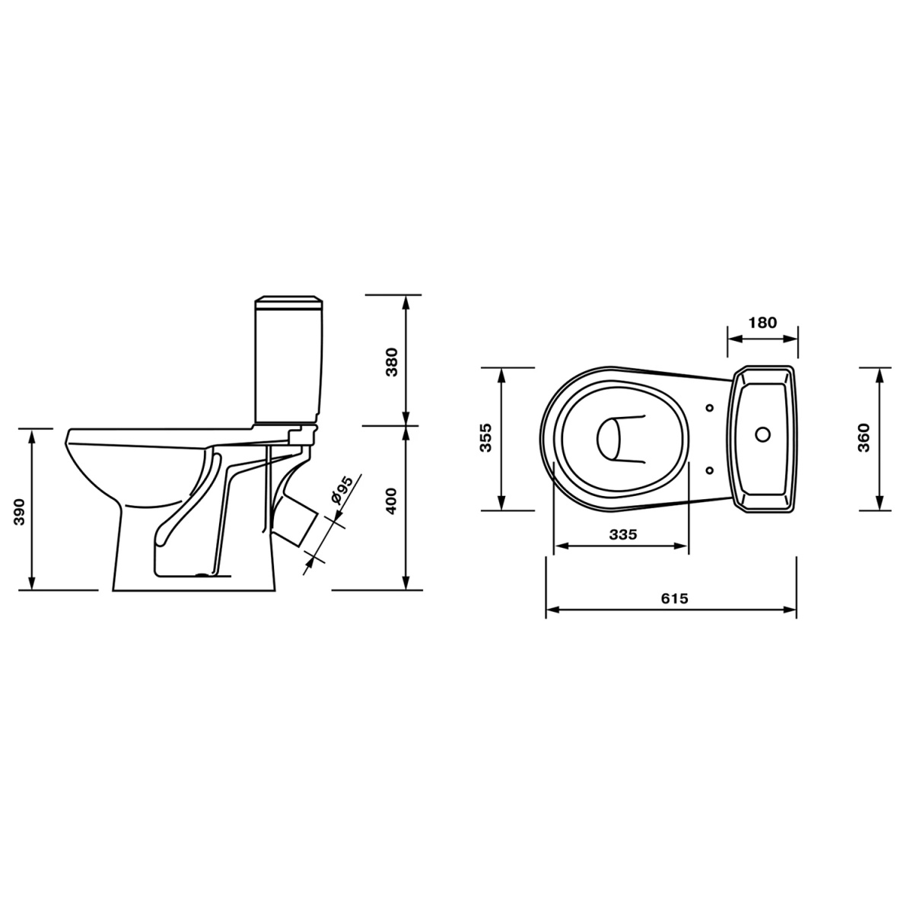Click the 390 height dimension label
(20, 512)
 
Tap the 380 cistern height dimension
(393, 362)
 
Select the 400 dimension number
(393, 501)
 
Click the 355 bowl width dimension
(486, 437)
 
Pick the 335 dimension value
(623, 534)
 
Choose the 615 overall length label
(674, 599)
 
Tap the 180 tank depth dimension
(763, 323)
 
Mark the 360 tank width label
(864, 437)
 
